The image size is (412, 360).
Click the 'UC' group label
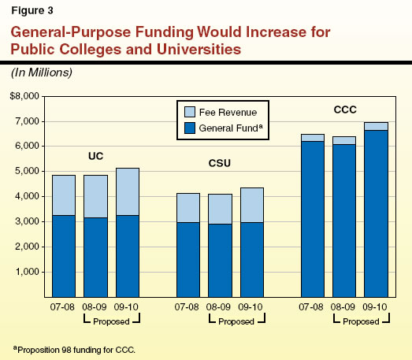point(95,155)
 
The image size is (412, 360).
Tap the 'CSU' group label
point(219,165)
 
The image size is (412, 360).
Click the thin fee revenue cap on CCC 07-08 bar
point(313,137)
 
